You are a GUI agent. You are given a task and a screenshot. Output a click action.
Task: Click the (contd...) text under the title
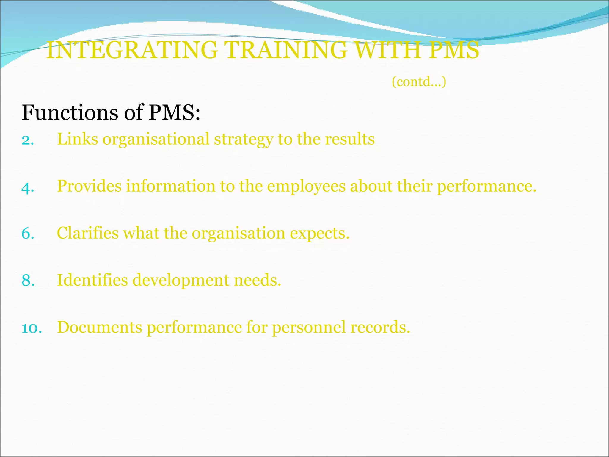tap(419, 82)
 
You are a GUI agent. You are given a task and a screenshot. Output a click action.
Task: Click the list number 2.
tap(28, 140)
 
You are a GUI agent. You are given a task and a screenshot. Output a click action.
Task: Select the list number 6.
tap(28, 234)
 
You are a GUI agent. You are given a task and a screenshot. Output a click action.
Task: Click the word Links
tap(77, 139)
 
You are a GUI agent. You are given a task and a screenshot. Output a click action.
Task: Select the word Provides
tap(89, 186)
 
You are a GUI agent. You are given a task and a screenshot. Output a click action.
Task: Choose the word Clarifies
tap(88, 233)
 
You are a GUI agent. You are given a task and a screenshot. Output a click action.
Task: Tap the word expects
tap(319, 234)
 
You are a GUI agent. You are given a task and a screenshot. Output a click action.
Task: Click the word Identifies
tap(92, 280)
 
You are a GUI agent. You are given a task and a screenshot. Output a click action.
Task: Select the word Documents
tap(100, 327)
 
